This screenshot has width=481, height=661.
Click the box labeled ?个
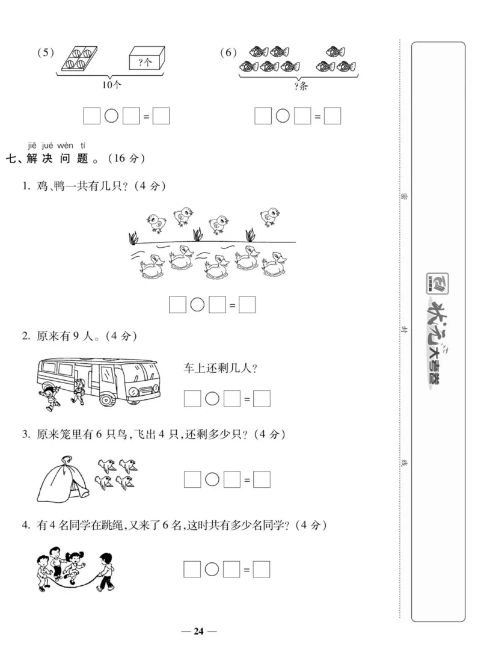pos(146,61)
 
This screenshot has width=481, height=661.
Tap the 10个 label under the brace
pos(111,85)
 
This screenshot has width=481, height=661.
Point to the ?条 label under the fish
pos(301,85)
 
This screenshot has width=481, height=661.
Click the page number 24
pos(199,631)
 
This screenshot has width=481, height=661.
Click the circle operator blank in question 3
pos(212,479)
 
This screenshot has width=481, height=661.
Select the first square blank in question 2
pos(192,398)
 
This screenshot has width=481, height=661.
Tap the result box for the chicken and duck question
pos(247,305)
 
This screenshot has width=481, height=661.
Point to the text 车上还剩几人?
pos(220,369)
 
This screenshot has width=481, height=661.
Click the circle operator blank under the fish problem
pos(283,116)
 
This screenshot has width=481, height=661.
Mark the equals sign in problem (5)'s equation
pos(146,117)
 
